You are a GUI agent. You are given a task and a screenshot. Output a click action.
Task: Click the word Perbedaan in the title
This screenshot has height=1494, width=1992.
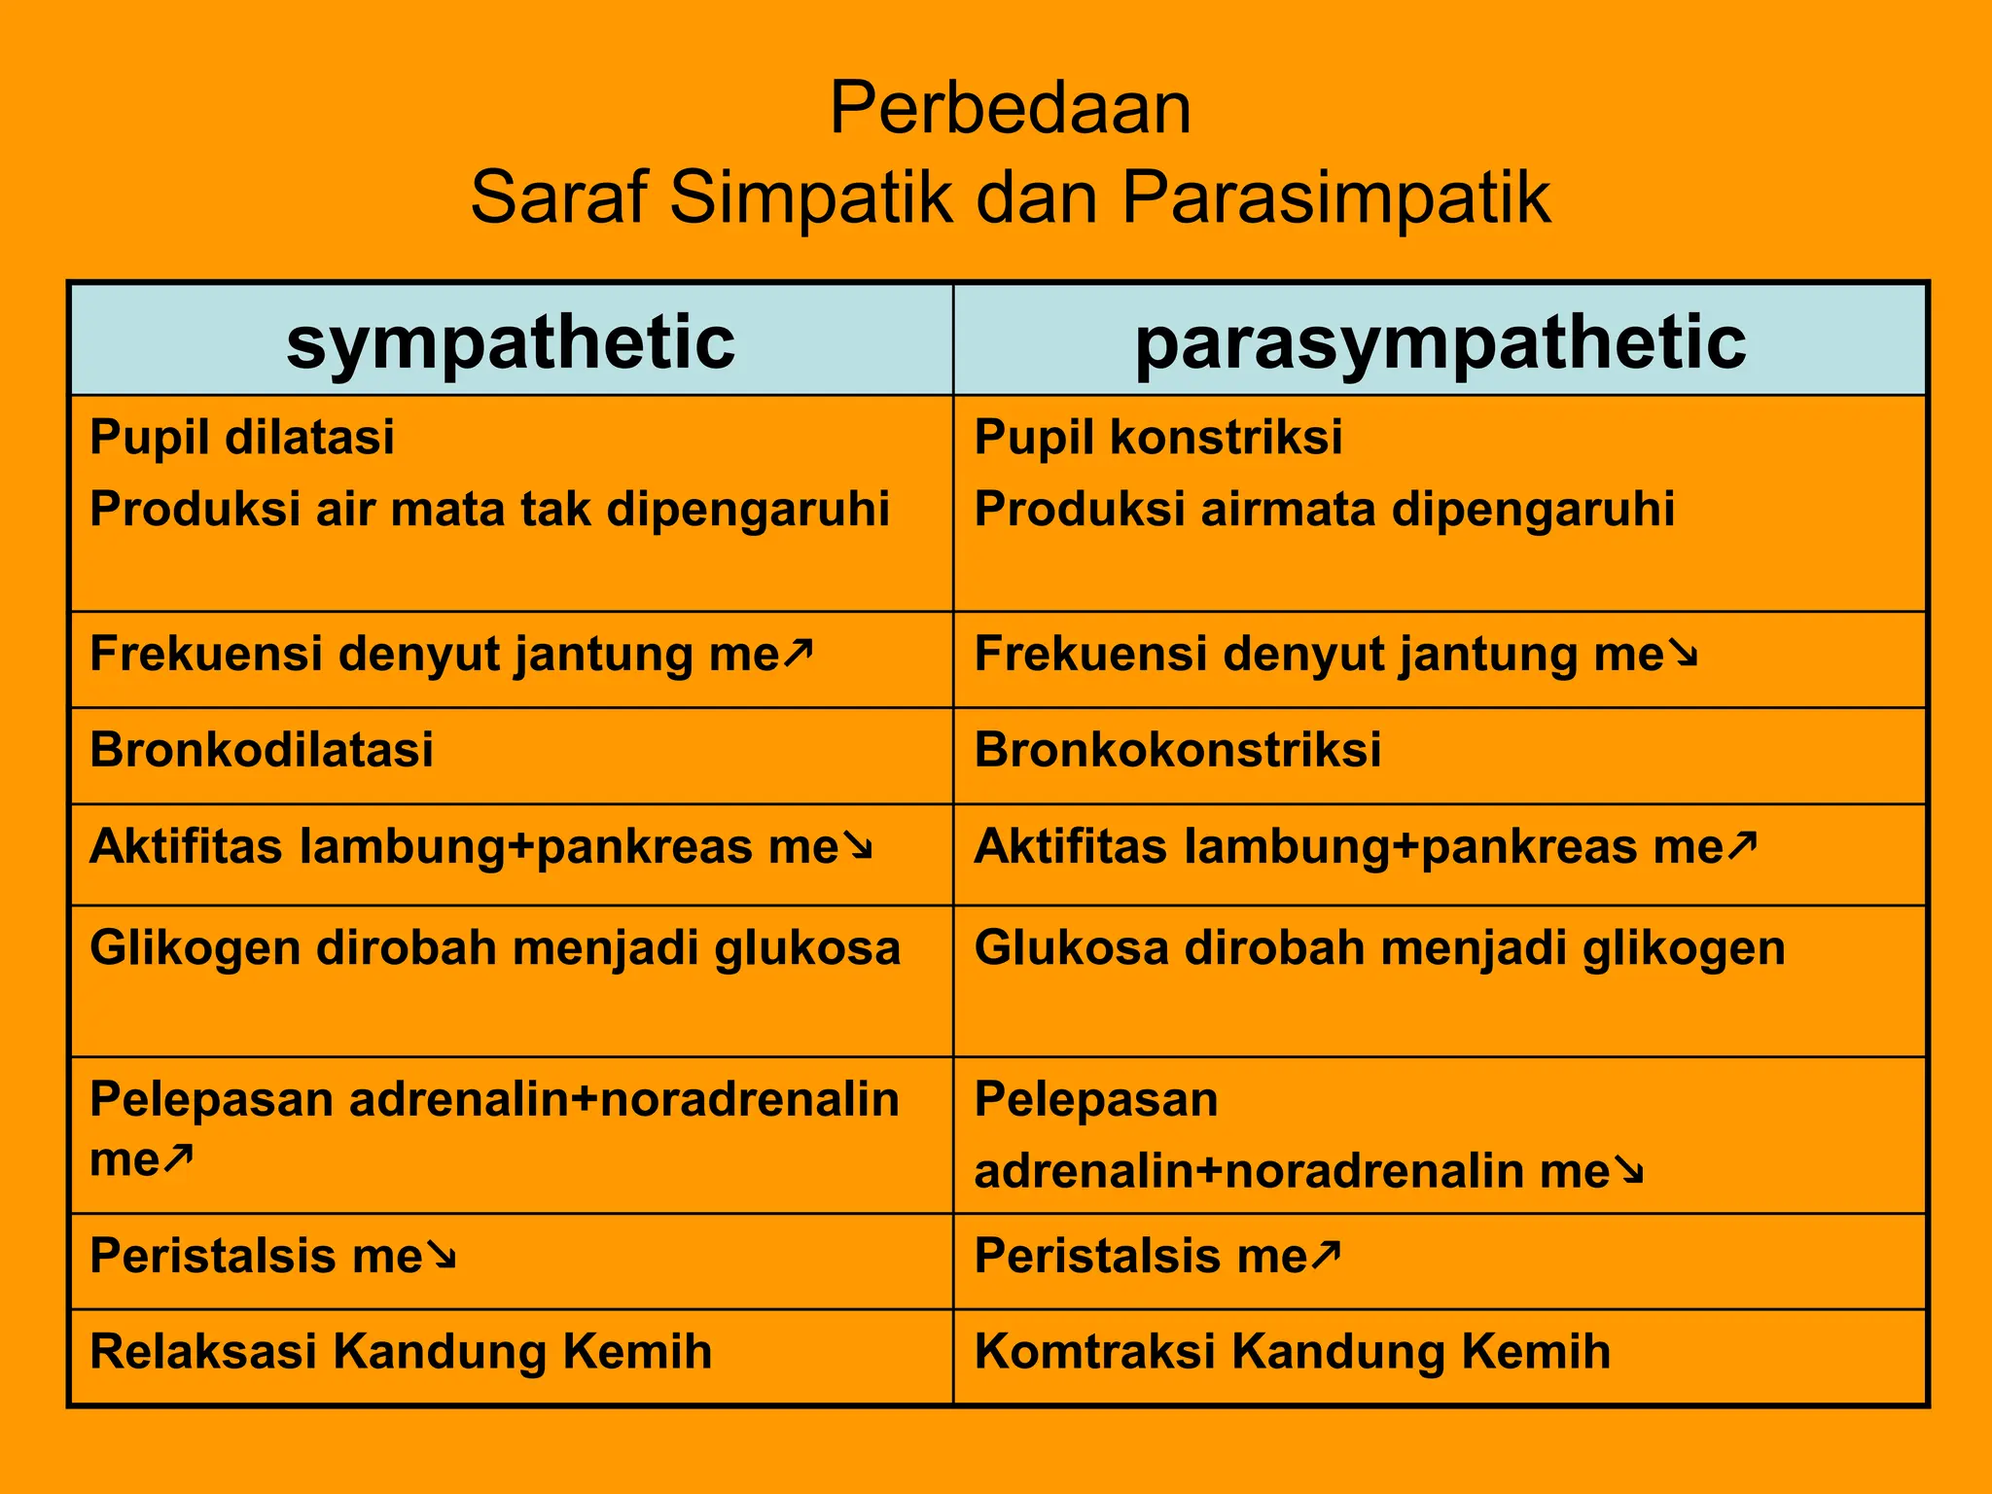pyautogui.click(x=1010, y=109)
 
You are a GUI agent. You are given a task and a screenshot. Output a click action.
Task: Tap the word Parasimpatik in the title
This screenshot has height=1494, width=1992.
pyautogui.click(x=1335, y=198)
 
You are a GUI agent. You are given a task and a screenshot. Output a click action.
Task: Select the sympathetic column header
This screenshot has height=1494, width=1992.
pyautogui.click(x=511, y=341)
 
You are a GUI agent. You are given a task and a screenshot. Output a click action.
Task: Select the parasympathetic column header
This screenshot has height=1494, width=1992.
pyautogui.click(x=1440, y=341)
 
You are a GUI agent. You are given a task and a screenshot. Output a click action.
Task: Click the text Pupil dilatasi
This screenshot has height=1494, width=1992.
pyautogui.click(x=242, y=437)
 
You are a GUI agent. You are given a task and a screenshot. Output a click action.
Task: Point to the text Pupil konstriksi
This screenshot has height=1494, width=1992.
pyautogui.click(x=1157, y=437)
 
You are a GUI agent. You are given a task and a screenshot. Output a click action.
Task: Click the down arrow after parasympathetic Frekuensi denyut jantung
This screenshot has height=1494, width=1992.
pyautogui.click(x=1683, y=655)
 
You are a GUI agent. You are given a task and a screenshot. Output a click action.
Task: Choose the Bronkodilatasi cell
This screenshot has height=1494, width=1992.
pyautogui.click(x=262, y=750)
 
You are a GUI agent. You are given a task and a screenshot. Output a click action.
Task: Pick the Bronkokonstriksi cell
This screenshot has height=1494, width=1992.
pyautogui.click(x=1177, y=750)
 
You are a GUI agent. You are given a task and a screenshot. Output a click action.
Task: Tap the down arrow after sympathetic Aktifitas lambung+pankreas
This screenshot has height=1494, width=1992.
pyautogui.click(x=858, y=847)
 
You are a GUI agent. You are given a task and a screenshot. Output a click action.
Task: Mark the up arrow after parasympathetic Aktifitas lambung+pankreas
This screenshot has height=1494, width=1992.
pyautogui.click(x=1742, y=845)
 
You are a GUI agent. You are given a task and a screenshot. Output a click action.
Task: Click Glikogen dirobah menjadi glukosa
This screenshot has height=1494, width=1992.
pyautogui.click(x=495, y=947)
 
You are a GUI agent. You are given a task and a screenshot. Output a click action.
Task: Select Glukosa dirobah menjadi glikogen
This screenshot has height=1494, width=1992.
pyautogui.click(x=1379, y=947)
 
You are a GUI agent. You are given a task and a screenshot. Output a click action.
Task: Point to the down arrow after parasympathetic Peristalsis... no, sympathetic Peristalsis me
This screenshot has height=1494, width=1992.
pyautogui.click(x=442, y=1258)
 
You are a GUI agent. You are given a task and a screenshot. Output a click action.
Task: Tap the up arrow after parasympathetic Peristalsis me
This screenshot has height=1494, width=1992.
pyautogui.click(x=1326, y=1255)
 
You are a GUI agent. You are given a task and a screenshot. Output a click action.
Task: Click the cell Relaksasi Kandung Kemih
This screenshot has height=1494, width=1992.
pyautogui.click(x=401, y=1352)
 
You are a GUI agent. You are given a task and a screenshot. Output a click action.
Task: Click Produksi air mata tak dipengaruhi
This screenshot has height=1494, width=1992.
pyautogui.click(x=489, y=510)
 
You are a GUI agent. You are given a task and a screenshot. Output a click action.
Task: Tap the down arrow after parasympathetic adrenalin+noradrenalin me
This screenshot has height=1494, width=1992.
pyautogui.click(x=1628, y=1172)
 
